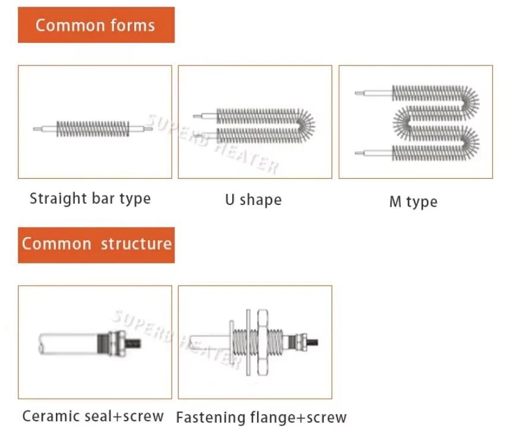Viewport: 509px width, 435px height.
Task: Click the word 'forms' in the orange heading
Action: tap(132, 25)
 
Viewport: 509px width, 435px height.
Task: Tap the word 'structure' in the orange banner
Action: tap(136, 244)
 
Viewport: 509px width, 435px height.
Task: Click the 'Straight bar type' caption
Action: tap(90, 198)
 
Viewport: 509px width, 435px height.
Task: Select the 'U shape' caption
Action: tap(253, 200)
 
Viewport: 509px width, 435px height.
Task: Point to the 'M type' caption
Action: tap(413, 201)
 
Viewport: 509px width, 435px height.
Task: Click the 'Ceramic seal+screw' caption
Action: tap(93, 416)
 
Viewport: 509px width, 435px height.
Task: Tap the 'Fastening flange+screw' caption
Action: tap(261, 417)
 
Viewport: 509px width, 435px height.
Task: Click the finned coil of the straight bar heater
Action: tap(93, 129)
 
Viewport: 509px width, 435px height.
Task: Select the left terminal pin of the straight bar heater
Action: tap(37, 129)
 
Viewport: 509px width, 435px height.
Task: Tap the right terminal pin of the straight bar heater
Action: tap(148, 129)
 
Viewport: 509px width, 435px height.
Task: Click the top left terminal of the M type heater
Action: tap(359, 93)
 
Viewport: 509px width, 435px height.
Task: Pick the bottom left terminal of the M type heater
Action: tap(359, 153)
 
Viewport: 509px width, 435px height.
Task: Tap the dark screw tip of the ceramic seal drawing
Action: tap(133, 343)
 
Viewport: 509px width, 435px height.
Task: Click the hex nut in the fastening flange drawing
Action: tap(263, 342)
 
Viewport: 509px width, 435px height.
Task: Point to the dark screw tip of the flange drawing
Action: tap(312, 342)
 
